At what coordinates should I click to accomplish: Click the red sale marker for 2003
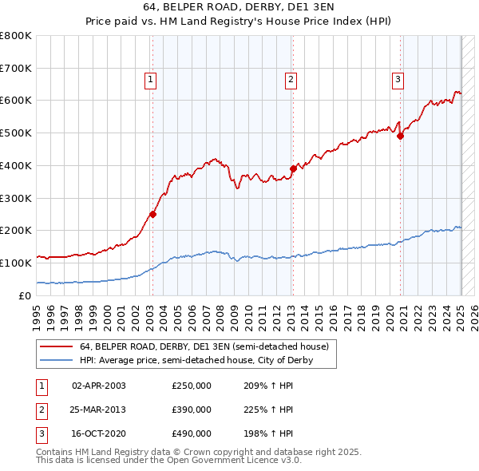click(x=152, y=214)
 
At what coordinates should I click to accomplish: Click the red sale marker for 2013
click(x=293, y=168)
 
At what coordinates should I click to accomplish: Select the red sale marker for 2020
click(x=401, y=136)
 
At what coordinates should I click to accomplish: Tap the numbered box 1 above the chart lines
click(x=150, y=79)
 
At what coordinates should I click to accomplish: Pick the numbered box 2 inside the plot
click(x=291, y=79)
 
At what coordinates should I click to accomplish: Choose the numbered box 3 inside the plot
click(x=398, y=79)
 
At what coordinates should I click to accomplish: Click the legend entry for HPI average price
click(x=196, y=361)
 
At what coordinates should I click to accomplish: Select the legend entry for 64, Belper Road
click(x=204, y=347)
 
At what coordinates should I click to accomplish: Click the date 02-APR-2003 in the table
click(x=99, y=386)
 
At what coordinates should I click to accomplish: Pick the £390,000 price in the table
click(x=192, y=410)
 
